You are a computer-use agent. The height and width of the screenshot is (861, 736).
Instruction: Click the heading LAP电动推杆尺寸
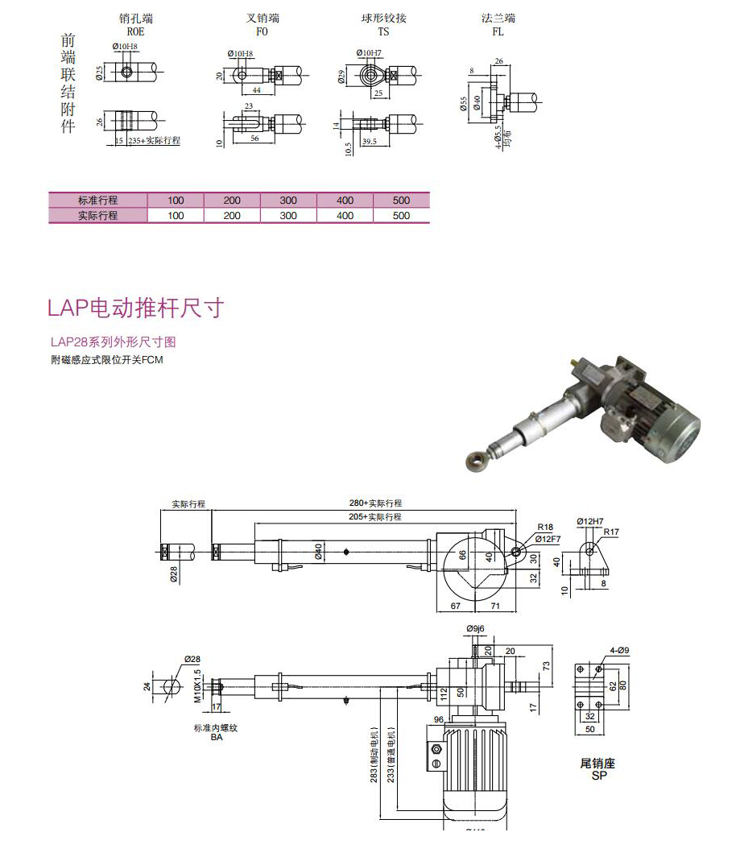click(x=135, y=308)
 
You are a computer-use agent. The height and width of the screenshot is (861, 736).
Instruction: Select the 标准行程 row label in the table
click(x=97, y=201)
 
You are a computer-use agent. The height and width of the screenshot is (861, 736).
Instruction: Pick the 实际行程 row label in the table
click(x=97, y=216)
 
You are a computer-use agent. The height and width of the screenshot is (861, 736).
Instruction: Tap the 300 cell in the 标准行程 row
click(x=288, y=201)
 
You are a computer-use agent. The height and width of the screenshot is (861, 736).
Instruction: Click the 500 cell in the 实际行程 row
click(x=402, y=216)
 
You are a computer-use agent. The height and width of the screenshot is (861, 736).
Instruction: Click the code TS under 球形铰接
click(x=383, y=31)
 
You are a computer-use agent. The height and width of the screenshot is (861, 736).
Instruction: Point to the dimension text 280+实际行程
click(x=375, y=504)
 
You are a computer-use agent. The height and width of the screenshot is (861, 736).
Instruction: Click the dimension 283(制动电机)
click(x=374, y=753)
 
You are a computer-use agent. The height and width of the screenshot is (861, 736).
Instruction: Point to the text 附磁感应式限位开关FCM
click(x=106, y=360)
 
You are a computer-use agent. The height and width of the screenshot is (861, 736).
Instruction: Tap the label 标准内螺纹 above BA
click(x=216, y=727)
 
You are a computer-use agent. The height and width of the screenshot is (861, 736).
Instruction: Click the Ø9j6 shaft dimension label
click(x=476, y=628)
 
